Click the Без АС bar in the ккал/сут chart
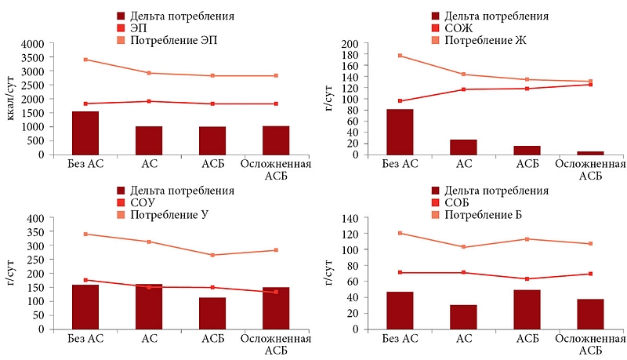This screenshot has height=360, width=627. (x=85, y=133)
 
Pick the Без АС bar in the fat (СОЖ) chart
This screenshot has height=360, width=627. (x=400, y=132)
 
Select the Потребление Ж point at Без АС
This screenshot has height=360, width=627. (x=400, y=56)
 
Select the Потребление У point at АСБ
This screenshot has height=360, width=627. (x=212, y=255)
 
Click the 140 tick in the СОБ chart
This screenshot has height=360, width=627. (x=348, y=218)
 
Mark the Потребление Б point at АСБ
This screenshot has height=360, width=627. (x=527, y=239)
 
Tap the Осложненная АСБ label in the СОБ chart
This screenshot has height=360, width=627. (x=590, y=344)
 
